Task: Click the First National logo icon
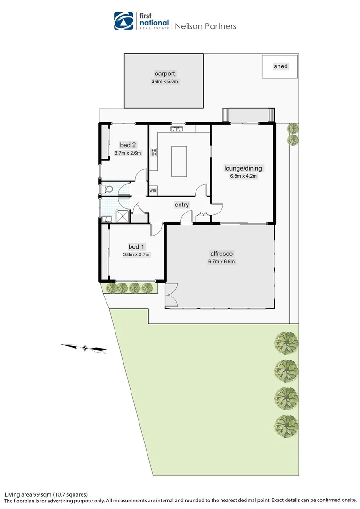pyautogui.click(x=124, y=21)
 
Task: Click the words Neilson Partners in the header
pyautogui.click(x=205, y=26)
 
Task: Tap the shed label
pyautogui.click(x=280, y=66)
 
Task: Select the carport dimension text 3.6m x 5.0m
pyautogui.click(x=165, y=82)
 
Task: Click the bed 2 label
pyautogui.click(x=128, y=145)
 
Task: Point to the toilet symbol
pyautogui.click(x=107, y=189)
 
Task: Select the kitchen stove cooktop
pyautogui.click(x=154, y=152)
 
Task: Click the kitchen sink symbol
pyautogui.click(x=177, y=128)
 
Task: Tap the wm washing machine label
pyautogui.click(x=153, y=190)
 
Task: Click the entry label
pyautogui.click(x=181, y=205)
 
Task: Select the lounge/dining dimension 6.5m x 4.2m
pyautogui.click(x=243, y=177)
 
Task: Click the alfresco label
pyautogui.click(x=221, y=254)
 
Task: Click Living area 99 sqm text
pyautogui.click(x=46, y=494)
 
